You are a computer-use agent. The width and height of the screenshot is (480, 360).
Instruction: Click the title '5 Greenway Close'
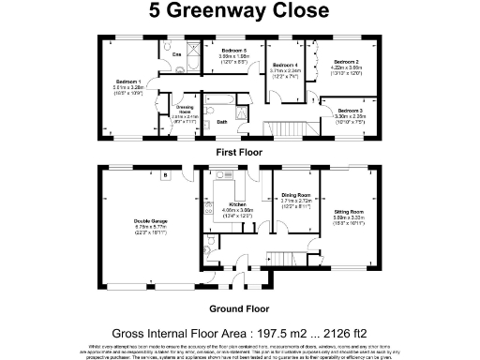click(x=239, y=12)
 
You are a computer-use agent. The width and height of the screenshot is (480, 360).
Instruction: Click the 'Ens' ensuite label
click(x=176, y=55)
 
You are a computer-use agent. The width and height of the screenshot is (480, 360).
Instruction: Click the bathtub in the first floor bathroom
click(x=225, y=99)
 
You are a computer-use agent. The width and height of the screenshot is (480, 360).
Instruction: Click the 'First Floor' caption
click(x=239, y=152)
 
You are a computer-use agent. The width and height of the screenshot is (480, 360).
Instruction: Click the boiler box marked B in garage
click(x=164, y=174)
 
